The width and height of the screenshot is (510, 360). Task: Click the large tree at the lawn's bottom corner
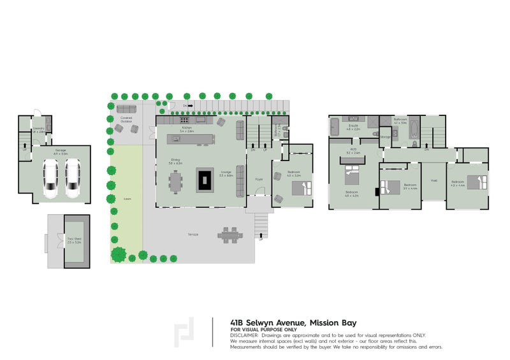coord(119,256)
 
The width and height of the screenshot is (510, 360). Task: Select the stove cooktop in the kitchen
coord(184,120)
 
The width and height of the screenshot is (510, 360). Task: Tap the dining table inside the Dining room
coord(175,183)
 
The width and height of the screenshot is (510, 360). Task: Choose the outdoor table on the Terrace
coord(229,235)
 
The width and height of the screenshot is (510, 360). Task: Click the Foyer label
coord(259,180)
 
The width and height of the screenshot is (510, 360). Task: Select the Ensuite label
coord(353,127)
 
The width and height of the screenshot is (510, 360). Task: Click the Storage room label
coord(385,136)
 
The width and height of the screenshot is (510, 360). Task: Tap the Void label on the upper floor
coord(434,180)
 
